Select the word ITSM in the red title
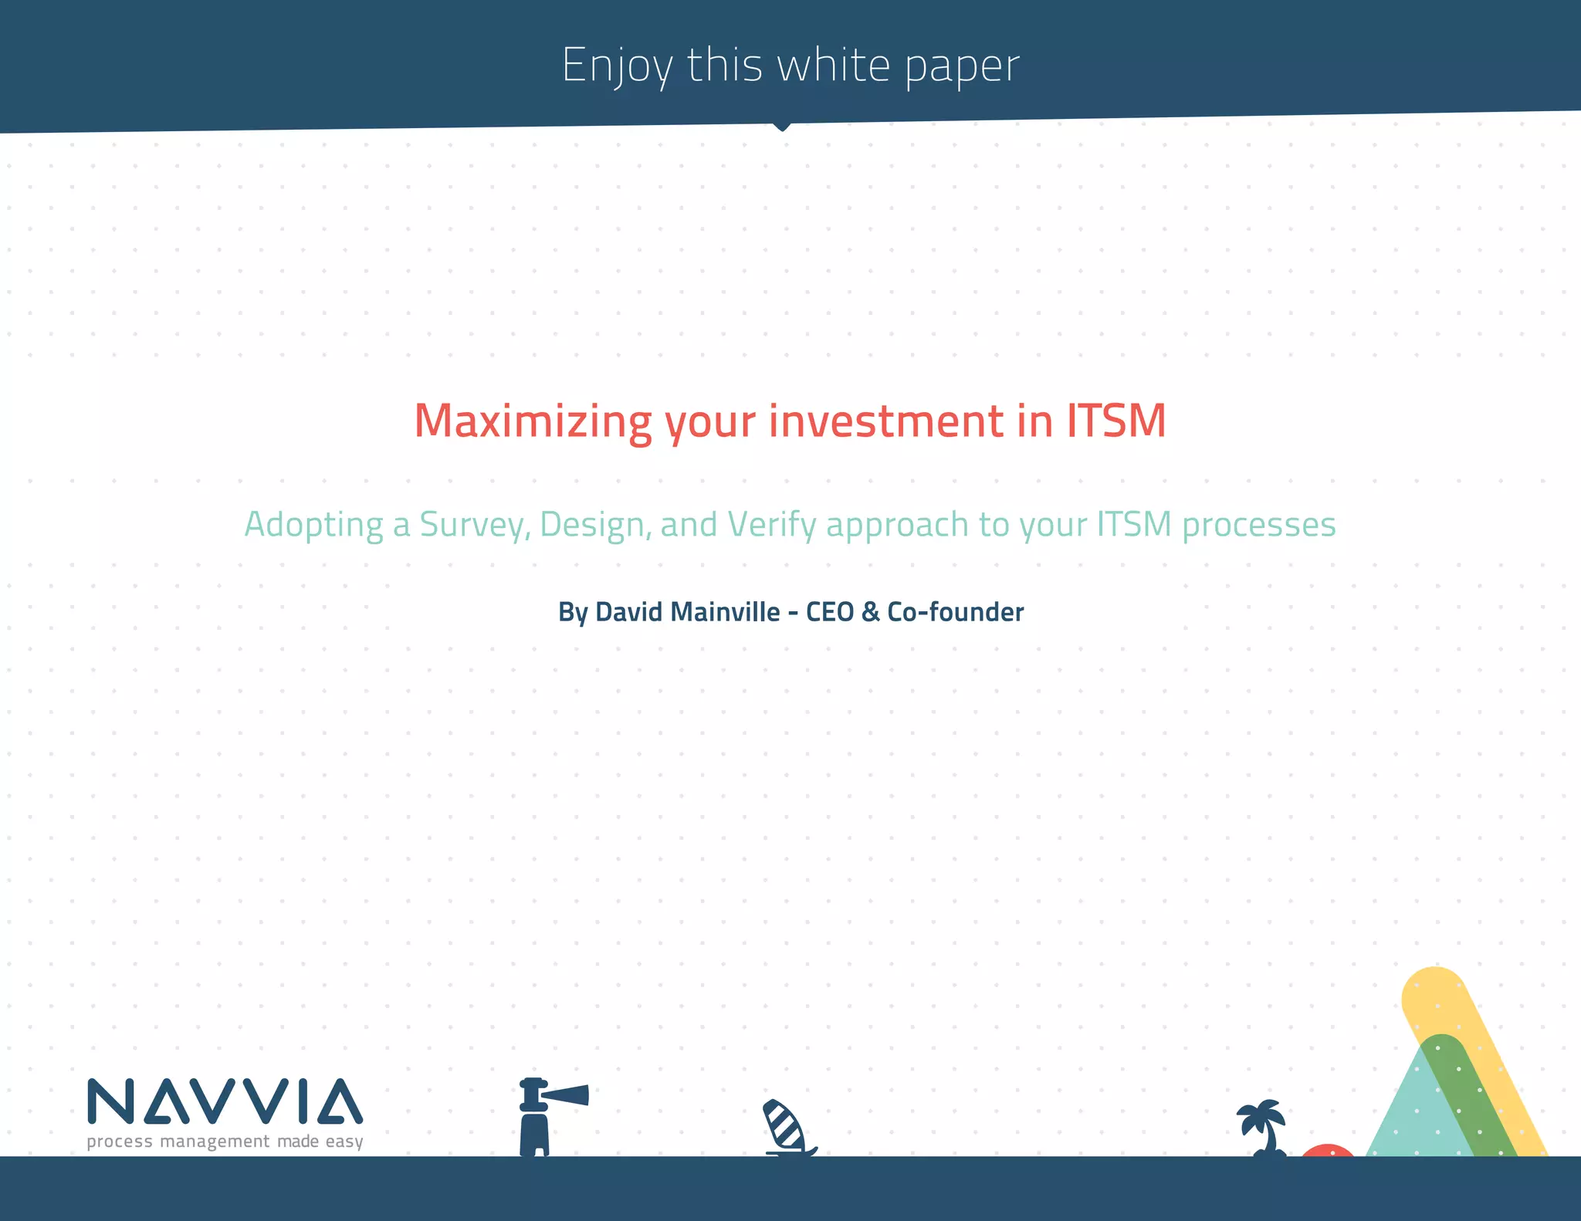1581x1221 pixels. pos(1116,421)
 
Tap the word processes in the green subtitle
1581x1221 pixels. pos(1258,525)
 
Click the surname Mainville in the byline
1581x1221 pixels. pos(726,612)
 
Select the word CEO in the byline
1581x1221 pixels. pos(830,612)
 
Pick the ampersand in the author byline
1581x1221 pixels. pos(870,612)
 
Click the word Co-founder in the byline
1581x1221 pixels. pos(956,612)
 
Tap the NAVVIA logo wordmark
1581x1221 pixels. pos(225,1101)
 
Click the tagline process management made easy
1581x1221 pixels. pos(225,1142)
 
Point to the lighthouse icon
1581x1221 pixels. pos(540,1115)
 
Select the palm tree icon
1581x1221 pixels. pos(1263,1127)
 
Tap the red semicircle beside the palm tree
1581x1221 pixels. pos(1327,1150)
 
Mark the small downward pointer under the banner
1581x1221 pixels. pos(781,127)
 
